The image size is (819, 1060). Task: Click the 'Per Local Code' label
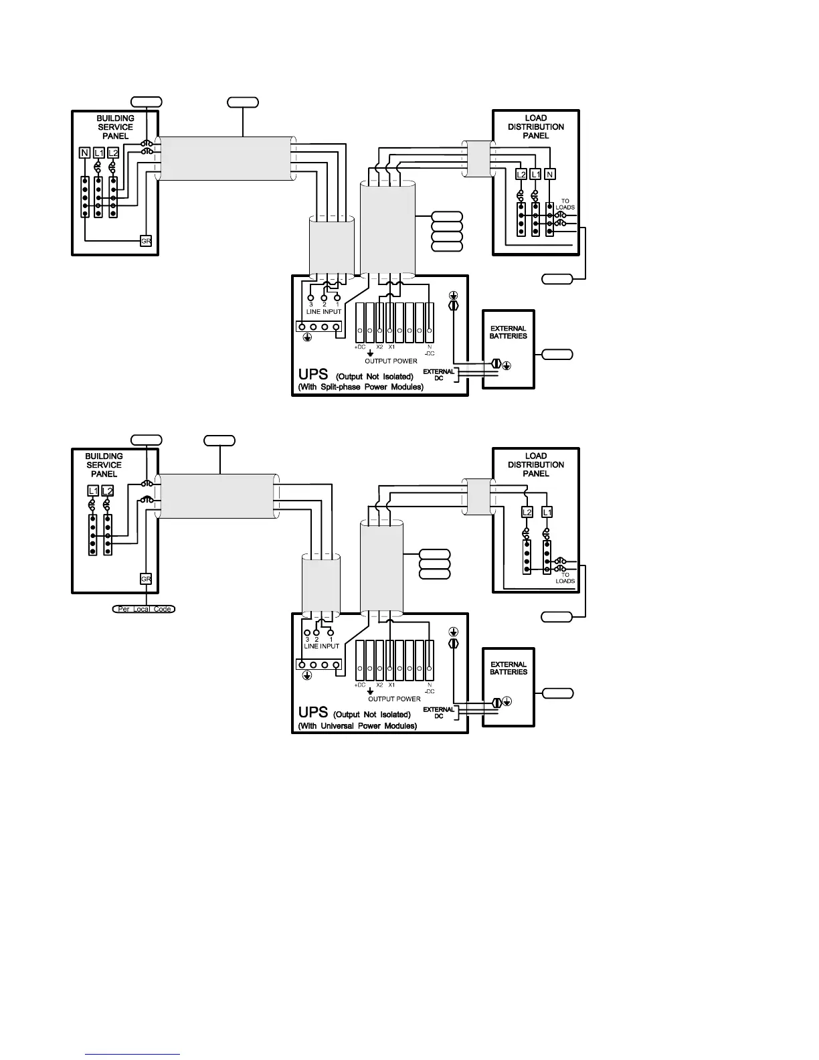point(143,609)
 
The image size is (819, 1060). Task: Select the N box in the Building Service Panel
point(85,153)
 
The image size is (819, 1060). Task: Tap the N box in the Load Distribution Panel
point(550,174)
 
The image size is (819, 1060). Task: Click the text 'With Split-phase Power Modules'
point(361,387)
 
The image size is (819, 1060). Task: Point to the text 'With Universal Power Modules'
point(357,725)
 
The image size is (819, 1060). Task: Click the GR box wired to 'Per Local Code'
point(146,579)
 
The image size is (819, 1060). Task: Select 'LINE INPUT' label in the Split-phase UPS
point(324,312)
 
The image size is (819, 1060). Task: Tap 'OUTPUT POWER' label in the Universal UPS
point(394,699)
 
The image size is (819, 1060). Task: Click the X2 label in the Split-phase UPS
point(379,347)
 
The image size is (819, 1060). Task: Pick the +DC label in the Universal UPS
point(359,685)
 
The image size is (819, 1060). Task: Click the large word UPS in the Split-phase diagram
point(312,375)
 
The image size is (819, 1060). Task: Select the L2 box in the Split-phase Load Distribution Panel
point(521,174)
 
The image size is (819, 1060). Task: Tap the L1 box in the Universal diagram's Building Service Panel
point(93,491)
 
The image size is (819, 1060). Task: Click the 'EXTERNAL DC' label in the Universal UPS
point(439,712)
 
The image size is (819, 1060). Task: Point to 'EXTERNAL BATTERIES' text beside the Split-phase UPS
point(509,332)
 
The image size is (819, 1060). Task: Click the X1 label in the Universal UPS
point(392,685)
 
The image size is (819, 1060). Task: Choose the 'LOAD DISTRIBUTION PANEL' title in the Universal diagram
point(535,464)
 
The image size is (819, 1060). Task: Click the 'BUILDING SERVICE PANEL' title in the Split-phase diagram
point(115,126)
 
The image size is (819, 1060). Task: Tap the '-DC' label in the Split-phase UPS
point(430,353)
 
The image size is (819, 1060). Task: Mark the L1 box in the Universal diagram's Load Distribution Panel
point(547,512)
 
